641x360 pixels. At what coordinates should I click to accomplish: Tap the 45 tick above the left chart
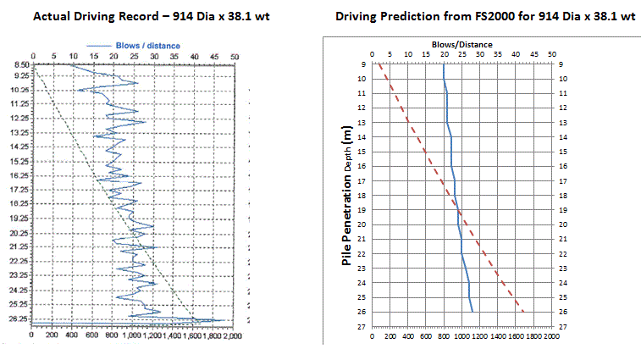coord(214,57)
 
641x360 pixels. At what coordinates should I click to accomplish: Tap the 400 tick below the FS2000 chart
coord(407,335)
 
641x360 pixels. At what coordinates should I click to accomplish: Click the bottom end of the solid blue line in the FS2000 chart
coord(472,312)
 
